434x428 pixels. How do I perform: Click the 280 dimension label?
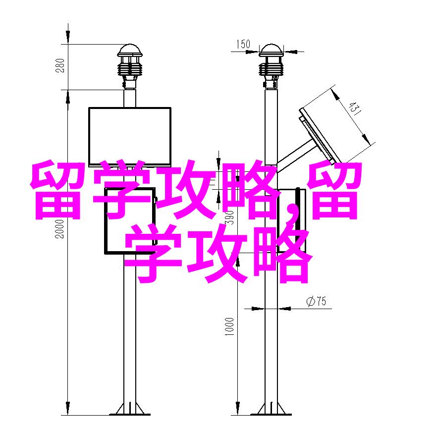pos(60,65)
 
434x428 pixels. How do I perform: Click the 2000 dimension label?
pos(59,229)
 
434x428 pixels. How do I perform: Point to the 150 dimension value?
pos(243,44)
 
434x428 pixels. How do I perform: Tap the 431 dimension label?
pos(355,108)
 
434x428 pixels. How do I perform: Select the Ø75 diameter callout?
pos(317,301)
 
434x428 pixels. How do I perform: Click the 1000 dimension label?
pos(229,326)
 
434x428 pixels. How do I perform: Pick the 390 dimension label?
pos(229,217)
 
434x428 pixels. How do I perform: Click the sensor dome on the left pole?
pos(129,50)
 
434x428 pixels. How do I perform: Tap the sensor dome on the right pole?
pos(271,50)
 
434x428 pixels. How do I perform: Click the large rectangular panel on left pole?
pos(129,137)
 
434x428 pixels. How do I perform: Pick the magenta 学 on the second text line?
pos(153,253)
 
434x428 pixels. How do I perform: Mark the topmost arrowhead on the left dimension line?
pos(68,33)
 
